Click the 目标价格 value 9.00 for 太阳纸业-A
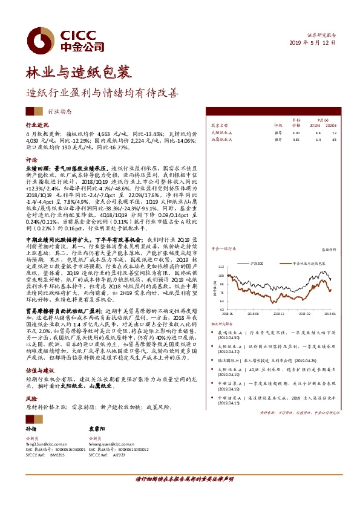coord(295,131)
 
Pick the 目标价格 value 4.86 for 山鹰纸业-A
coord(295,139)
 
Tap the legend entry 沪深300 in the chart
coord(258,264)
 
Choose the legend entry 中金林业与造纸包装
coord(306,264)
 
